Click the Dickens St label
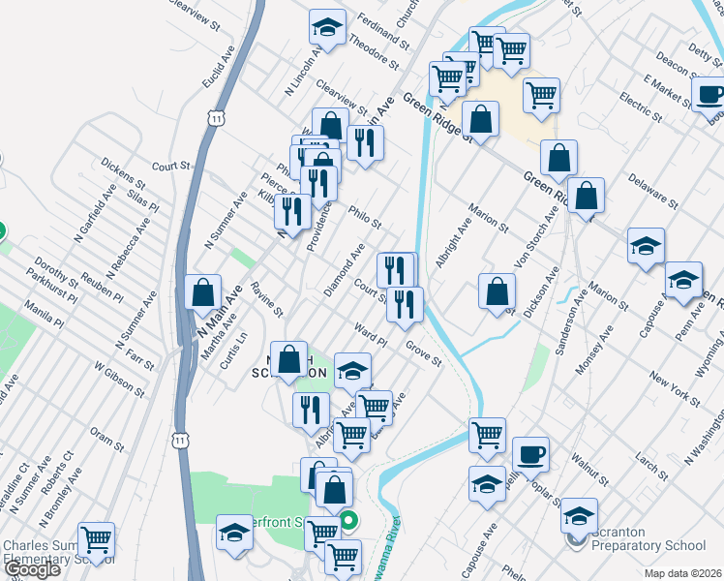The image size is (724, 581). (122, 174)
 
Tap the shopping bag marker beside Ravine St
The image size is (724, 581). (202, 292)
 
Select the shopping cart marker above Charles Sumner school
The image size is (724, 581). (96, 539)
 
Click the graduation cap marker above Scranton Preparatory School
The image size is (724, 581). (580, 515)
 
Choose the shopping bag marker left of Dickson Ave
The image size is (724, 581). (497, 290)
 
